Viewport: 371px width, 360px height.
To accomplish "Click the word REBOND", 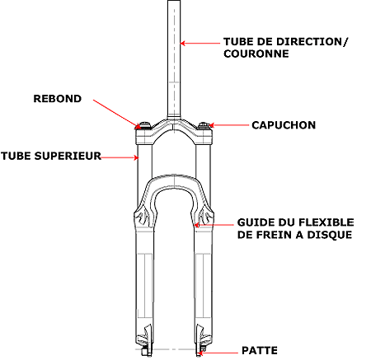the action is pyautogui.click(x=58, y=99).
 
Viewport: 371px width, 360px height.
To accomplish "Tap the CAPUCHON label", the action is pyautogui.click(x=284, y=125).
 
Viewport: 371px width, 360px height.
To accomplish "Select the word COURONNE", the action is pyautogui.click(x=256, y=54).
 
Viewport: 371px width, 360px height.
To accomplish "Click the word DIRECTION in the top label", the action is pyautogui.click(x=309, y=42).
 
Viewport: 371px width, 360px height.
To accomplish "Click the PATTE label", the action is pyautogui.click(x=260, y=350).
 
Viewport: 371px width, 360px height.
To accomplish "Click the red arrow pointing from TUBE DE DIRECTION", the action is pyautogui.click(x=200, y=43).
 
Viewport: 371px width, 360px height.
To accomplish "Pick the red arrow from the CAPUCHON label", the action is pyautogui.click(x=228, y=125).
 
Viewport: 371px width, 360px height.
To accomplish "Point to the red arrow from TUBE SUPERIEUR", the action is pyautogui.click(x=120, y=157).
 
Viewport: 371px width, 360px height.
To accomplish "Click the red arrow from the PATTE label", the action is pyautogui.click(x=218, y=353).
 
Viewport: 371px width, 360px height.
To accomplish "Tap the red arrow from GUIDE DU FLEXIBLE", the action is pyautogui.click(x=214, y=225).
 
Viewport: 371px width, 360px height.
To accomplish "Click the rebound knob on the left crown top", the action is pyautogui.click(x=144, y=125).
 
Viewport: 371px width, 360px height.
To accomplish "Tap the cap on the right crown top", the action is pyautogui.click(x=204, y=125).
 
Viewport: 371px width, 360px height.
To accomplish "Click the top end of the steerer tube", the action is pyautogui.click(x=174, y=1).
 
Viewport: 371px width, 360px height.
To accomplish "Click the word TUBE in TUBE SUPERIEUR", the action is pyautogui.click(x=16, y=156).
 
